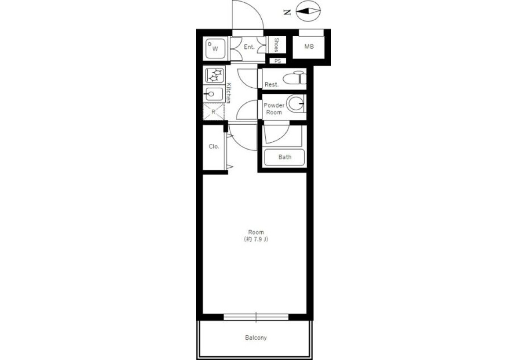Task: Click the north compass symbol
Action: (308, 11)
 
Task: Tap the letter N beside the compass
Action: (287, 12)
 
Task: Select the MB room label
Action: (309, 47)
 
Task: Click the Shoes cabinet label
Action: (277, 45)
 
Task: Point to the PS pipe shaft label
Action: (278, 61)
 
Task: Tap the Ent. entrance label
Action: (249, 47)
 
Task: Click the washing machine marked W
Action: (215, 49)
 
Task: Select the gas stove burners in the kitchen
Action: (214, 75)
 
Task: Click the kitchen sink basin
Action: (214, 94)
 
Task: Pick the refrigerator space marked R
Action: (213, 112)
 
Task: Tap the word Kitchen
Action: (228, 93)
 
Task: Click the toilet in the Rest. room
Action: (295, 78)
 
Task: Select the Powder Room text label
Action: (274, 108)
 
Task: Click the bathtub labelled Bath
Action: (285, 157)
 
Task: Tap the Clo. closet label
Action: (214, 147)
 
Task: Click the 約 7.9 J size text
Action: (256, 239)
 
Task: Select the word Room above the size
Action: (256, 232)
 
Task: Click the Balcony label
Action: (256, 338)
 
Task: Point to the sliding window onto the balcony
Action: (256, 317)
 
